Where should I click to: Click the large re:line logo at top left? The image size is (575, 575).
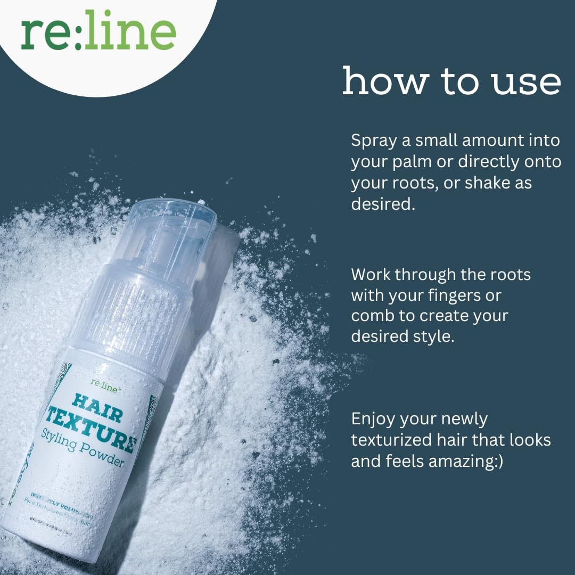tap(98, 32)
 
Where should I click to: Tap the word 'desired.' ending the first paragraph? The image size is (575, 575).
tap(382, 203)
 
